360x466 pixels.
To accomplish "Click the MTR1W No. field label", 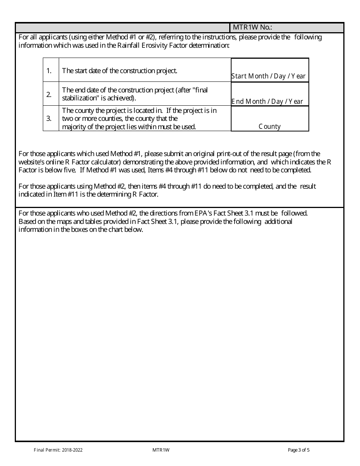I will point(252,28).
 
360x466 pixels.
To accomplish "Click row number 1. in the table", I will point(49,70).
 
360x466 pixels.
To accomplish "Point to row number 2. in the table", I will point(49,94).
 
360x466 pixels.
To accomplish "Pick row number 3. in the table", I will point(49,118).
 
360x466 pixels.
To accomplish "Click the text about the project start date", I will point(119,70).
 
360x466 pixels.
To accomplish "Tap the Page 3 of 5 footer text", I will point(299,450).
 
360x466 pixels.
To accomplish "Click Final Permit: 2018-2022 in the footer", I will point(58,450).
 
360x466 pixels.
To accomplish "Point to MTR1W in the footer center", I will point(161,450).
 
